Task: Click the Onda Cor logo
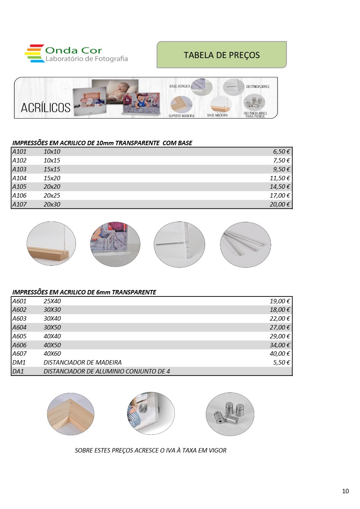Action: click(76, 54)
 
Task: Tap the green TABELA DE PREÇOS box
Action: click(222, 55)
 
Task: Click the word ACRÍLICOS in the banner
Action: click(46, 108)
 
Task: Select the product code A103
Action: click(19, 169)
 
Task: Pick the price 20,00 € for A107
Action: click(280, 204)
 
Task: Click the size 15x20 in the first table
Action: click(52, 178)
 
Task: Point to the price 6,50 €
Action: click(282, 152)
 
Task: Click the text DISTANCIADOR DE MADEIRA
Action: click(82, 362)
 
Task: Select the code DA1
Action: click(18, 371)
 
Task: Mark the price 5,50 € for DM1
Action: click(282, 362)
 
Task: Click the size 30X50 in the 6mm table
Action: click(52, 327)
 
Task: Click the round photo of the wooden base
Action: click(51, 244)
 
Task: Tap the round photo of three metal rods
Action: click(245, 244)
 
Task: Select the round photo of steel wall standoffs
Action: click(230, 414)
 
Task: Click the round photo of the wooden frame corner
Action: click(71, 414)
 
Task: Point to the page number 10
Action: click(345, 491)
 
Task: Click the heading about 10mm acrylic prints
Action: click(102, 143)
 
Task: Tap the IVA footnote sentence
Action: click(151, 450)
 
